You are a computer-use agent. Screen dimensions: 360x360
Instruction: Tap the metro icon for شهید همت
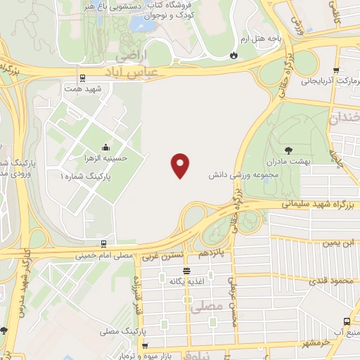click(83, 77)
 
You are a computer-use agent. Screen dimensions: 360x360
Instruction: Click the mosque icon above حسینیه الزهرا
click(105, 146)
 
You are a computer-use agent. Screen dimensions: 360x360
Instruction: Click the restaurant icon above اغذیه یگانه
click(186, 271)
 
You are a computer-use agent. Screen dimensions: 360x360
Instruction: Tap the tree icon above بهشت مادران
click(288, 150)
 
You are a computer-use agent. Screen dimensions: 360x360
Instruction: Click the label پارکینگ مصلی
click(120, 330)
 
